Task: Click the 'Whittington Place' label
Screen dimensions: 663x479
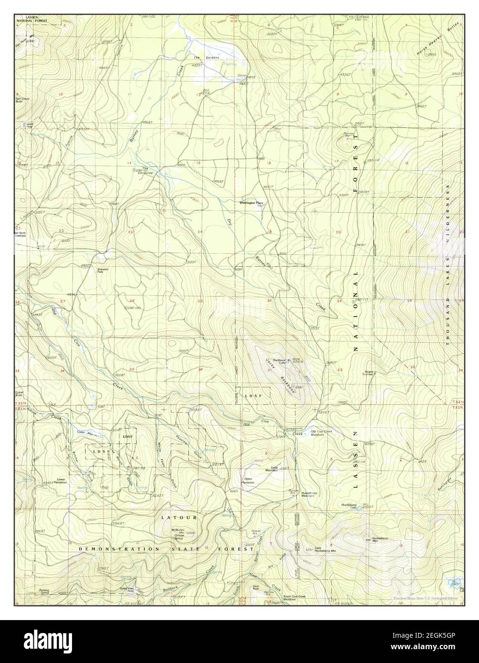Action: click(x=251, y=203)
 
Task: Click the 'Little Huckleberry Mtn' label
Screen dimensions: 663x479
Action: click(x=325, y=549)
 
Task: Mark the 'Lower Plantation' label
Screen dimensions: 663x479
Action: click(x=61, y=481)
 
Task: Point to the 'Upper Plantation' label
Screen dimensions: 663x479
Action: click(x=248, y=481)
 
